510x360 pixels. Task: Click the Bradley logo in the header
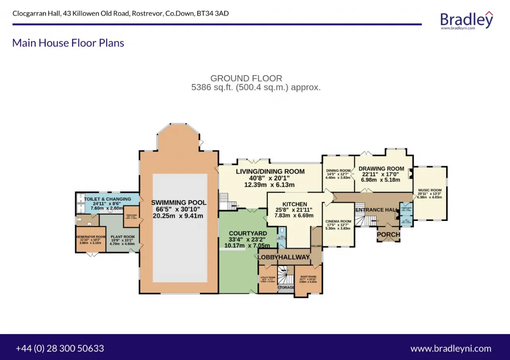click(467, 20)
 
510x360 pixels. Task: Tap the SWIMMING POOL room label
click(179, 203)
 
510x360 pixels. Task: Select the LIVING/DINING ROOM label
click(270, 172)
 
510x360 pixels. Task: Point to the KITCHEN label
click(295, 204)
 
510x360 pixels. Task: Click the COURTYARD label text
click(248, 233)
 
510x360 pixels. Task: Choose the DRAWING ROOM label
click(381, 169)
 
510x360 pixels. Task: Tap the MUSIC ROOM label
click(430, 190)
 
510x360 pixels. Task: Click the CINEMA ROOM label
click(338, 221)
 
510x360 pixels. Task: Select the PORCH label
click(388, 235)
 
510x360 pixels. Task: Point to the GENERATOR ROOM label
click(91, 237)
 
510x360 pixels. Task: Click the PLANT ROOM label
click(122, 237)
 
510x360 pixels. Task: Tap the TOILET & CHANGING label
click(107, 199)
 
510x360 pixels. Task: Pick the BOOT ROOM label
click(308, 277)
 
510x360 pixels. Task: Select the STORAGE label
click(286, 288)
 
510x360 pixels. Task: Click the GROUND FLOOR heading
click(246, 78)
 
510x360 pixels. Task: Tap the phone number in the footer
click(60, 348)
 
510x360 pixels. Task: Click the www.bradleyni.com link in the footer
click(451, 348)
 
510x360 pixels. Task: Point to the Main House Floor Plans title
click(68, 43)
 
